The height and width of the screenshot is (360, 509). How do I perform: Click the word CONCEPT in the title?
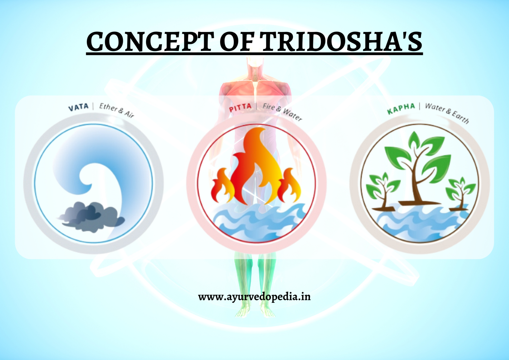click(149, 41)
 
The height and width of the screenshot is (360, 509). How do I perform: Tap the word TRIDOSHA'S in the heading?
click(341, 41)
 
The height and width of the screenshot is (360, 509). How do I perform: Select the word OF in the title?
click(236, 41)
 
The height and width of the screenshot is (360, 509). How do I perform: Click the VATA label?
click(79, 107)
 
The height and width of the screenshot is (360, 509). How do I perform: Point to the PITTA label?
click(240, 108)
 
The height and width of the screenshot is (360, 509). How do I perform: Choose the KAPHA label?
click(401, 109)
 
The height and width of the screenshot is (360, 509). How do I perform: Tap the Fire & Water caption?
click(282, 112)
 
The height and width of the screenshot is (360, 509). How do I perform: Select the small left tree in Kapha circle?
click(383, 191)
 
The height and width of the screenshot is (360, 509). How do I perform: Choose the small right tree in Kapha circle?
click(460, 193)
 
